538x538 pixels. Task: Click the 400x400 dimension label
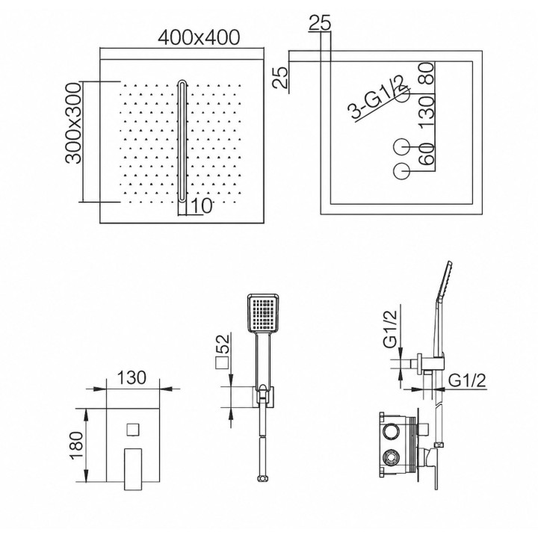199,37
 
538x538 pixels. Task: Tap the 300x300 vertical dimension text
73,123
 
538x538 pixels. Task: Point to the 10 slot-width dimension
201,206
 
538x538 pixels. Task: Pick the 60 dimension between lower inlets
427,154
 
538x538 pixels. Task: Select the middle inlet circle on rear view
402,147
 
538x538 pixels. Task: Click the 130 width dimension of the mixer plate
132,377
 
